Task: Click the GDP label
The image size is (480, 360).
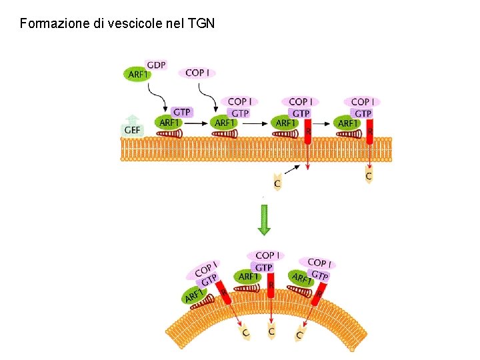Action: [x=156, y=65]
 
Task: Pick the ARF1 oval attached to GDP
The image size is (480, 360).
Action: [x=137, y=74]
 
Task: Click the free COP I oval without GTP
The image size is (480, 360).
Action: [x=197, y=72]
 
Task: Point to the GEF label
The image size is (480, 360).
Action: [x=132, y=130]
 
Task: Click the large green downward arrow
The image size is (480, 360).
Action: [x=265, y=219]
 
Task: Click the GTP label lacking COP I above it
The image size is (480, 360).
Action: [x=181, y=112]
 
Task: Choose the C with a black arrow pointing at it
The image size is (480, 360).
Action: [x=277, y=181]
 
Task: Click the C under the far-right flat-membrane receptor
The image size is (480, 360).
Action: [x=369, y=176]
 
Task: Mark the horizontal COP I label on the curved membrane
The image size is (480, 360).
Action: [x=266, y=255]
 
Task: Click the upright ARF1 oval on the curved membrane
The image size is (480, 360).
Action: [x=249, y=276]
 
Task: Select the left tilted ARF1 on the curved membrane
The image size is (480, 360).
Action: [x=195, y=294]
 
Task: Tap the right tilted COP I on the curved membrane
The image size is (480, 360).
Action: [x=317, y=263]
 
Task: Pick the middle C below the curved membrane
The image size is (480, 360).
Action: [x=271, y=330]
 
